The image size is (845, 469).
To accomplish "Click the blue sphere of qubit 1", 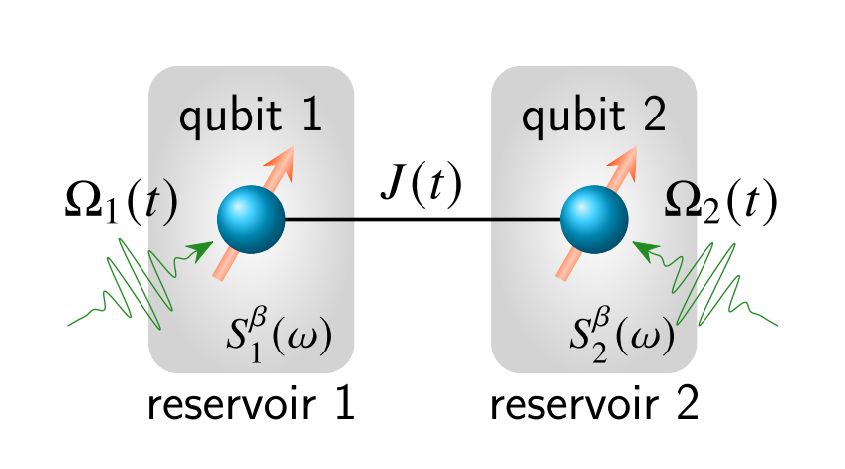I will click(251, 219).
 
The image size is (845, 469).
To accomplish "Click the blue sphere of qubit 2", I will click(594, 219).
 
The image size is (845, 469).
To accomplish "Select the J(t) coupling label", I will click(421, 185).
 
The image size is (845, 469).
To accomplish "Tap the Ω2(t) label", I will click(720, 203).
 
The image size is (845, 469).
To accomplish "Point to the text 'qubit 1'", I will click(251, 117).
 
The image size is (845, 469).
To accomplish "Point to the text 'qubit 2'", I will click(595, 117).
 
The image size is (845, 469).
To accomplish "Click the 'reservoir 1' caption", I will click(251, 406).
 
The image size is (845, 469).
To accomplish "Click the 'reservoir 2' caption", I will click(595, 406).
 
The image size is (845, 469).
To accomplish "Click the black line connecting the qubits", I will click(421, 219).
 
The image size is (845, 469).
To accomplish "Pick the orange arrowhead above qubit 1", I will click(283, 166).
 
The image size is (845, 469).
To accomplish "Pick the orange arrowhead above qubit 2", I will click(626, 166).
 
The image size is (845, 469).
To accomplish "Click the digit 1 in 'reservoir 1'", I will click(343, 406).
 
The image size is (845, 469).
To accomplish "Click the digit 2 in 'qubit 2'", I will click(654, 117).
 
